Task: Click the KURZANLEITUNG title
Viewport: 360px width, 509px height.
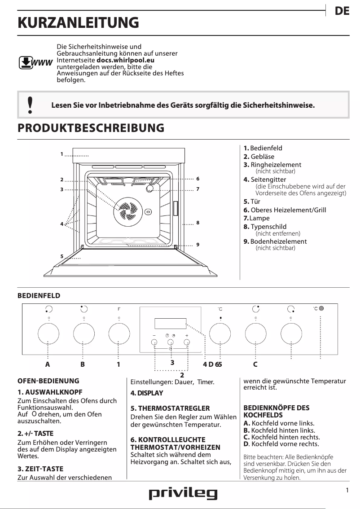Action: [78, 22]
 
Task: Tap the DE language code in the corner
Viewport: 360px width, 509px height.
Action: [342, 12]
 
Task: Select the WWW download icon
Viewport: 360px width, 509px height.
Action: [35, 62]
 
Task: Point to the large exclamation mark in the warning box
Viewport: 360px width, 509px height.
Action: [30, 105]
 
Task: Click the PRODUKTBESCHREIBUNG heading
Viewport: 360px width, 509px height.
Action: [91, 128]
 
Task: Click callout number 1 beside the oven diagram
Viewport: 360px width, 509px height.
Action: [61, 154]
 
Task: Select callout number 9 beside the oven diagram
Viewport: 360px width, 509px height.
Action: [198, 245]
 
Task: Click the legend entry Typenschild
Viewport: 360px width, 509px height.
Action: [268, 227]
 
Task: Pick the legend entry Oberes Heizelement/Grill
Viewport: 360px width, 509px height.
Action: [288, 210]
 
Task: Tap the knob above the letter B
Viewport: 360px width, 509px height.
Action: [83, 333]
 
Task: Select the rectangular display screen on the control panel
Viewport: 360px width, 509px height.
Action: [170, 324]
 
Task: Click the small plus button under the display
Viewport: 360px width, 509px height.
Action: [187, 343]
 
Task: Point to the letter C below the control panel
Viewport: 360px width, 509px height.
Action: [255, 364]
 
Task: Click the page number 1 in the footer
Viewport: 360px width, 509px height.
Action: [347, 491]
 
